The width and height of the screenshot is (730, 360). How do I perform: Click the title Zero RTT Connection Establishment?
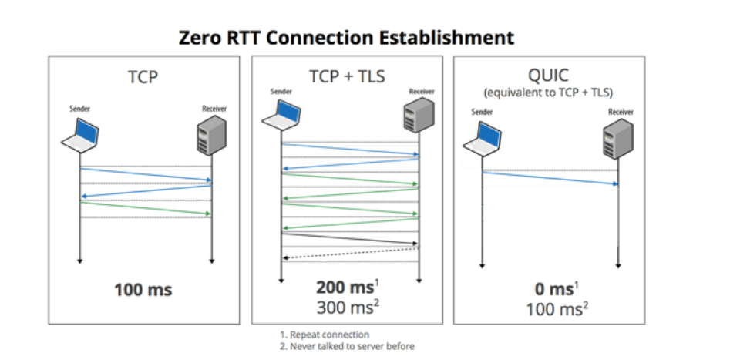click(346, 36)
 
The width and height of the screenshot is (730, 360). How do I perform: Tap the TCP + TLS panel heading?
click(347, 76)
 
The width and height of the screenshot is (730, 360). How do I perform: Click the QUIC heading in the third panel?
click(549, 76)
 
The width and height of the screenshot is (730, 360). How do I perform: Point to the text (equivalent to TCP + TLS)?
click(549, 93)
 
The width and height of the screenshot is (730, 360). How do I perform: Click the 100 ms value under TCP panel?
click(143, 291)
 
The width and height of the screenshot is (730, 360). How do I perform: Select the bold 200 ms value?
click(343, 289)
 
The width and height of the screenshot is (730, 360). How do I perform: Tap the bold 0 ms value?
click(553, 290)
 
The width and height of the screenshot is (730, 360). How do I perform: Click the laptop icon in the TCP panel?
click(81, 136)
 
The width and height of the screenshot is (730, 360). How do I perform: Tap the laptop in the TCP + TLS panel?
click(281, 113)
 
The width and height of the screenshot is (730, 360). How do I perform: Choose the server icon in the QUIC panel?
click(619, 136)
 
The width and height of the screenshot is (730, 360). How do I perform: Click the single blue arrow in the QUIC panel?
click(550, 178)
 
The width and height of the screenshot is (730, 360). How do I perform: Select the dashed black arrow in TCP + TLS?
click(351, 254)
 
